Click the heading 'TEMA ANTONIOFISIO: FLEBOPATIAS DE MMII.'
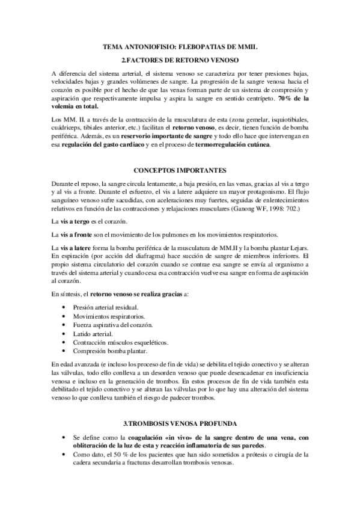pos(180,46)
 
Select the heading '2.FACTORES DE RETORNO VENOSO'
pos(180,60)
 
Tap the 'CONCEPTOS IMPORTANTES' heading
pos(180,171)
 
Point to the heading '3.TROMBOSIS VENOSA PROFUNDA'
pos(180,424)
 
